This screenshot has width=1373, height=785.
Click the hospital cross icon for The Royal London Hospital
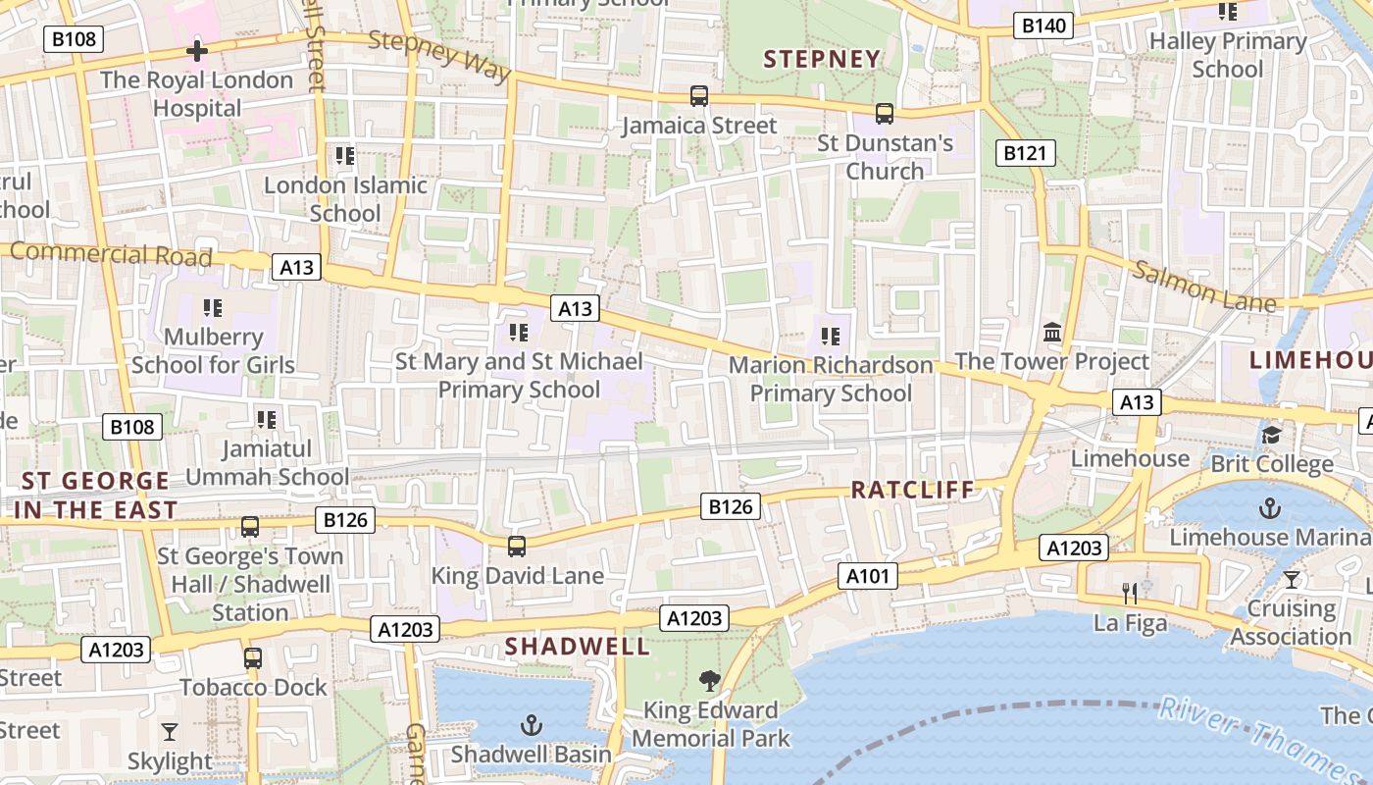click(x=197, y=51)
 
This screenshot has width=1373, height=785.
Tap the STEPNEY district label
click(x=822, y=59)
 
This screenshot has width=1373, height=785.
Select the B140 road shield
click(x=1042, y=26)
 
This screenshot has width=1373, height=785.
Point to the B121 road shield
click(x=1026, y=152)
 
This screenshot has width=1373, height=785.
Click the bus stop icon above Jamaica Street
click(x=698, y=96)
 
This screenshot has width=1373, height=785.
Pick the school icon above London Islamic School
click(x=344, y=156)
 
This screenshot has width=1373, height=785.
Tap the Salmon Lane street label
click(x=1204, y=286)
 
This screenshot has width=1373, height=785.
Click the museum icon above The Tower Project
click(x=1052, y=333)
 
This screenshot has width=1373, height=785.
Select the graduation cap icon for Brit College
click(x=1271, y=435)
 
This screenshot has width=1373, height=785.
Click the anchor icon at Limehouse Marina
click(x=1270, y=508)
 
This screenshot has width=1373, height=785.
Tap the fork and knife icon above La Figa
click(x=1130, y=593)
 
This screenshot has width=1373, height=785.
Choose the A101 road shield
click(x=868, y=576)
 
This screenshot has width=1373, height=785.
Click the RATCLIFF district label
click(x=912, y=490)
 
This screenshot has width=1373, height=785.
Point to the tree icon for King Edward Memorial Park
click(x=709, y=680)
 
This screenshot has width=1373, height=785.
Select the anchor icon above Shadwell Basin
click(x=531, y=725)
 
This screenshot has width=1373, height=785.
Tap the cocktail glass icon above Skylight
click(x=170, y=732)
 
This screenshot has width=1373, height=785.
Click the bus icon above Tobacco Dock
click(x=252, y=658)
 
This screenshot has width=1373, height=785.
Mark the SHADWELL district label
click(x=577, y=646)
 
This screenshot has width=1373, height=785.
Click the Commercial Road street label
click(x=111, y=253)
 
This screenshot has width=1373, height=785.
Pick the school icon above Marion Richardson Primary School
click(x=831, y=337)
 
